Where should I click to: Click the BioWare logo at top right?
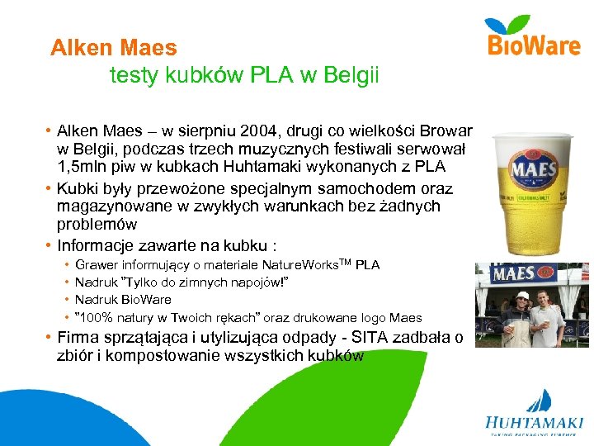point(535,36)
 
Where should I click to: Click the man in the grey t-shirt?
point(547,318)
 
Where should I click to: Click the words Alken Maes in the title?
point(113,48)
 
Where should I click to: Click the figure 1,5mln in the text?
point(87,167)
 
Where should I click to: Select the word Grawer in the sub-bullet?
point(97,265)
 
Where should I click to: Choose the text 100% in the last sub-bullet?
point(97,317)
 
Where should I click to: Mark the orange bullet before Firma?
point(49,338)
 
